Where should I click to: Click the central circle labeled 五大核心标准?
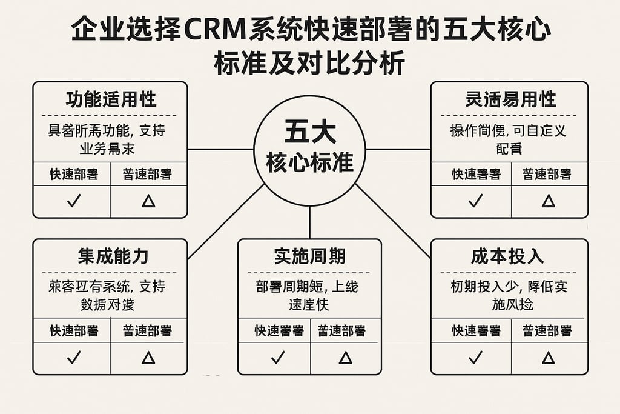pos(309,149)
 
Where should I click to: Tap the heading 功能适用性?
pos(110,99)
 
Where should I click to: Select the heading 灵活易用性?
pos(510,99)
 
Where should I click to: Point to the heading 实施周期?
pos(309,256)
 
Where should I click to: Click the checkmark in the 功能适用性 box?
pos(73,201)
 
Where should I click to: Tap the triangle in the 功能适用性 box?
pos(148,201)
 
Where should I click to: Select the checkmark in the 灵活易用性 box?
pos(476,201)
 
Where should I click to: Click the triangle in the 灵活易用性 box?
pos(548,201)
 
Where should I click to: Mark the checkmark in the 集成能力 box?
pos(73,358)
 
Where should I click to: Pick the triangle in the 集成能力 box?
pos(148,358)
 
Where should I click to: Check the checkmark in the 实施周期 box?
pos(277,358)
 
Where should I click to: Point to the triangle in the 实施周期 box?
pos(345,358)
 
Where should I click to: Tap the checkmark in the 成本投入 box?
pos(476,358)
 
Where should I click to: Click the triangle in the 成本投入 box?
pos(548,358)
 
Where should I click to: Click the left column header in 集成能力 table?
pos(73,331)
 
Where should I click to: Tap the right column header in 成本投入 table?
pos(548,331)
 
